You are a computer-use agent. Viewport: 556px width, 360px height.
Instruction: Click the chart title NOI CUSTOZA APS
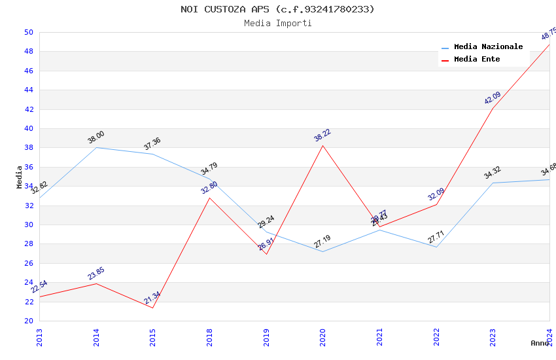(277, 9)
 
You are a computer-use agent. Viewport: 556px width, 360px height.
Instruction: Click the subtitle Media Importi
(277, 24)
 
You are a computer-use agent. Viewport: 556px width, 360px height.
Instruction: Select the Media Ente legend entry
(477, 60)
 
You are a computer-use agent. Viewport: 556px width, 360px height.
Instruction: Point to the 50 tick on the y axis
(28, 32)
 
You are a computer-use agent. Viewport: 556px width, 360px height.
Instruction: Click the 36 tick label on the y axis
(28, 167)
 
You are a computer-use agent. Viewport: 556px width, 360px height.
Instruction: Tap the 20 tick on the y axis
(28, 321)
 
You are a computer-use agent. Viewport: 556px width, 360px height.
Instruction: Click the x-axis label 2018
(209, 336)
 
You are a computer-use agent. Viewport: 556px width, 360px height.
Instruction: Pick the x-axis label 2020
(322, 336)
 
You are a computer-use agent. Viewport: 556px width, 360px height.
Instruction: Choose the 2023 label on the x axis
(493, 336)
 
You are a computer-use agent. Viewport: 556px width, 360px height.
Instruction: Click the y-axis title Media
(20, 177)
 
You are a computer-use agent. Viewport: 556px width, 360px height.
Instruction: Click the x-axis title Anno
(540, 343)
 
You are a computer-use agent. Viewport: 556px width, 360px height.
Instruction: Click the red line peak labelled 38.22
(322, 145)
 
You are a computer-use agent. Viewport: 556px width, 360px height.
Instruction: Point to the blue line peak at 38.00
(96, 147)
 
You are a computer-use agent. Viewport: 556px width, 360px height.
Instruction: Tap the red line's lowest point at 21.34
(153, 308)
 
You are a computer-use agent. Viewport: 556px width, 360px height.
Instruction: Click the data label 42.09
(493, 98)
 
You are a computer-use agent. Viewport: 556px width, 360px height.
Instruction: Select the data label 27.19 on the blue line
(322, 242)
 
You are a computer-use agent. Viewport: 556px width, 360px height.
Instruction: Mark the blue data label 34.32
(493, 173)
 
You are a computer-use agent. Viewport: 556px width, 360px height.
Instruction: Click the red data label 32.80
(209, 188)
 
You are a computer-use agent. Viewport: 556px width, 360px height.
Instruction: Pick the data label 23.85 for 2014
(96, 274)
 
